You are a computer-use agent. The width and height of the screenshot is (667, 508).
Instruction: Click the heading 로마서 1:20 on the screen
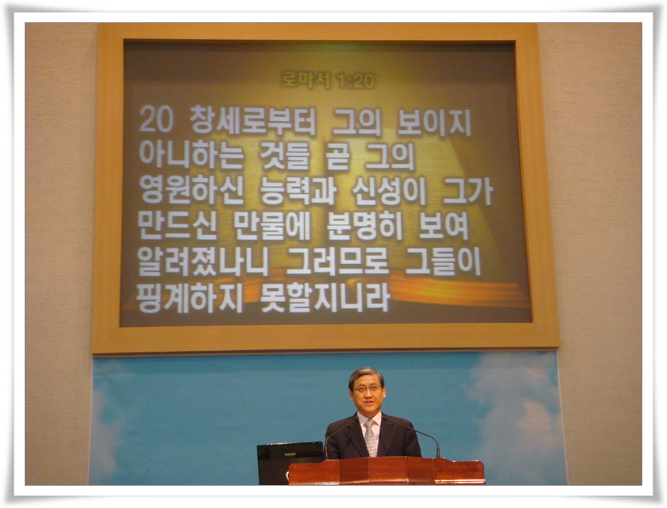pos(327,80)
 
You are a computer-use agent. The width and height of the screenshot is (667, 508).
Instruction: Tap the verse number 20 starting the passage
pos(156,119)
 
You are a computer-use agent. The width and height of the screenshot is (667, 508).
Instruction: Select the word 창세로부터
pos(253,120)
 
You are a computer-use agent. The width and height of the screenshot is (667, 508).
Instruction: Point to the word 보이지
pos(434,122)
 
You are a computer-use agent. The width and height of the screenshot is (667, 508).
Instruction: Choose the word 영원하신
pos(191,190)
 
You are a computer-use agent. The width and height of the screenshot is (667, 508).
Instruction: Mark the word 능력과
pos(298,190)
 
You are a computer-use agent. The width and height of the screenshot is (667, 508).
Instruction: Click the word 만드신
pos(177,226)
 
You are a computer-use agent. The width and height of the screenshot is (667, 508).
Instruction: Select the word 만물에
pos(272,226)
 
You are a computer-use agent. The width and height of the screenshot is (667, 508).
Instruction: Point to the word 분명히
pos(364,226)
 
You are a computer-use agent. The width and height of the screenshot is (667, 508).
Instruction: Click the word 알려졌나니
pos(203,262)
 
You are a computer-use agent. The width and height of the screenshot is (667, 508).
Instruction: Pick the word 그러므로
pos(337,261)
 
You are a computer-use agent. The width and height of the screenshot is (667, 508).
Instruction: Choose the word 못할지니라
pos(324,298)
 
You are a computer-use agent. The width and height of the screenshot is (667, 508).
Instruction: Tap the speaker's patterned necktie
pos(371,438)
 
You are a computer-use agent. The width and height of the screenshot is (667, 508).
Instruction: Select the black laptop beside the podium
pos(290,463)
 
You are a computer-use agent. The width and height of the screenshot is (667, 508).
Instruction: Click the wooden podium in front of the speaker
pos(387,471)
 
